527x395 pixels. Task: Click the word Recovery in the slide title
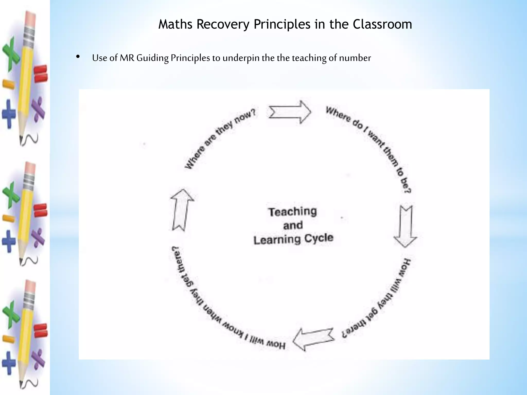(x=223, y=24)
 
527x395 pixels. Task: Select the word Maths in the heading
(x=175, y=24)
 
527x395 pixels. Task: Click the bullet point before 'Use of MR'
(x=78, y=57)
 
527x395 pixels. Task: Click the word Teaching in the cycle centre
(x=293, y=212)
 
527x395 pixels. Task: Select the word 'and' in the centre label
(x=293, y=226)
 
